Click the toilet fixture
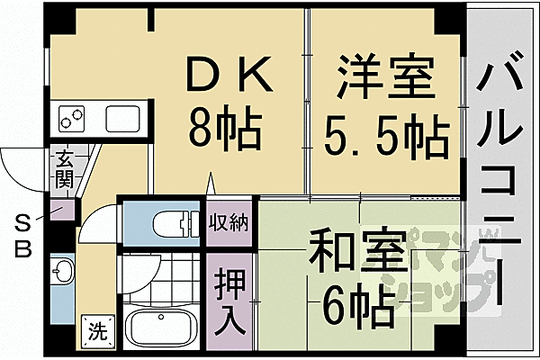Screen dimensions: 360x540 click(x=171, y=222)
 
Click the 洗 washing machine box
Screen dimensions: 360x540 click(x=96, y=329)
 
